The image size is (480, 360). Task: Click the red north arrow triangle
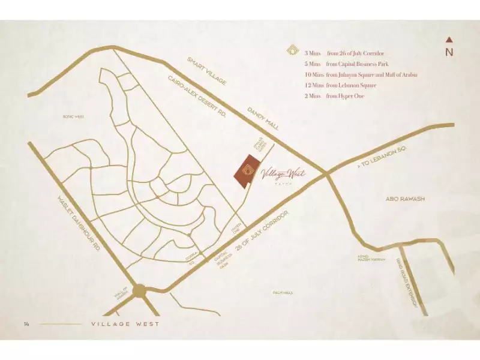tap(449, 40)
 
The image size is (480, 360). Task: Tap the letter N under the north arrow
tap(449, 52)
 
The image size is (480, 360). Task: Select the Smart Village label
tap(205, 71)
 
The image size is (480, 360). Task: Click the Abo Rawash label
tap(406, 199)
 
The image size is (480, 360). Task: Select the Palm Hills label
tap(281, 292)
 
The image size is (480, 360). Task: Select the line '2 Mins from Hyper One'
tap(334, 96)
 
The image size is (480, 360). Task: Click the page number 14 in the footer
tap(26, 324)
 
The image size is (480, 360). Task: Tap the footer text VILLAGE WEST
tap(125, 324)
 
